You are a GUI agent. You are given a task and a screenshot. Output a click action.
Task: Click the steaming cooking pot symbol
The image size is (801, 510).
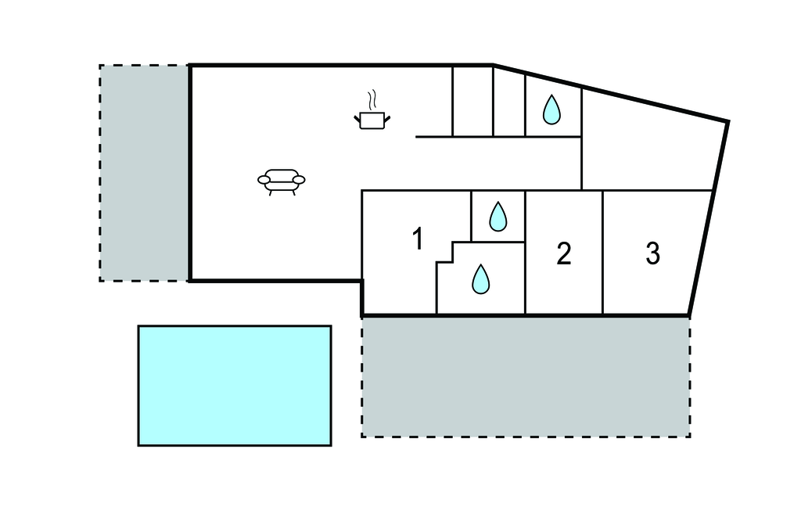pyautogui.click(x=372, y=118)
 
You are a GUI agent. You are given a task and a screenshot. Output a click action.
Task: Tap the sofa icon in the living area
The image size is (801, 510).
pyautogui.click(x=281, y=180)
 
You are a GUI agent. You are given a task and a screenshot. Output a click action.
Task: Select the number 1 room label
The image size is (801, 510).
pyautogui.click(x=418, y=239)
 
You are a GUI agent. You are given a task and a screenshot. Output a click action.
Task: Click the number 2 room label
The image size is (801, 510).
pyautogui.click(x=564, y=253)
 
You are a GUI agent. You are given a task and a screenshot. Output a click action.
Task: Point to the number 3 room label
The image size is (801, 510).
pyautogui.click(x=653, y=253)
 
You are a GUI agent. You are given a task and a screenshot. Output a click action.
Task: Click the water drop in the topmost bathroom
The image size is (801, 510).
pyautogui.click(x=552, y=110)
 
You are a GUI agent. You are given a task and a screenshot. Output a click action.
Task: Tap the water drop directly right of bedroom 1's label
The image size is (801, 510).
pyautogui.click(x=497, y=217)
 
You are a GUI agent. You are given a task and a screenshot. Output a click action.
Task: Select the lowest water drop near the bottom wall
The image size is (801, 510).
pyautogui.click(x=480, y=279)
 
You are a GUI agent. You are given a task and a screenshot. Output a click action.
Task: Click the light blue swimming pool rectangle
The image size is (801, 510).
pyautogui.click(x=235, y=386)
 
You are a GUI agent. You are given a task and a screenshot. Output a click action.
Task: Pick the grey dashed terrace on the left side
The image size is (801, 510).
pyautogui.click(x=144, y=172)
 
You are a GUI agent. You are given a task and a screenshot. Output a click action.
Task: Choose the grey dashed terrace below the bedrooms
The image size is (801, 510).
pyautogui.click(x=526, y=376)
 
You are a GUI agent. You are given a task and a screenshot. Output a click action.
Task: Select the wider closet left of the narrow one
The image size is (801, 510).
pyautogui.click(x=472, y=102)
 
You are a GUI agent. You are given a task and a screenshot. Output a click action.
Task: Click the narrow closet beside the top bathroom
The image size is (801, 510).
pyautogui.click(x=509, y=102)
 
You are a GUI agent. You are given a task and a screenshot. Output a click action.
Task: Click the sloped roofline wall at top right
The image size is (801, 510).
pyautogui.click(x=610, y=93)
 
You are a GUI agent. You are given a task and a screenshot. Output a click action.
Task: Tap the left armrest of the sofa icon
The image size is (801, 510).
pyautogui.click(x=264, y=181)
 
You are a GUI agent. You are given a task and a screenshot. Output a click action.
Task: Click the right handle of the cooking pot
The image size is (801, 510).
pyautogui.click(x=386, y=117)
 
